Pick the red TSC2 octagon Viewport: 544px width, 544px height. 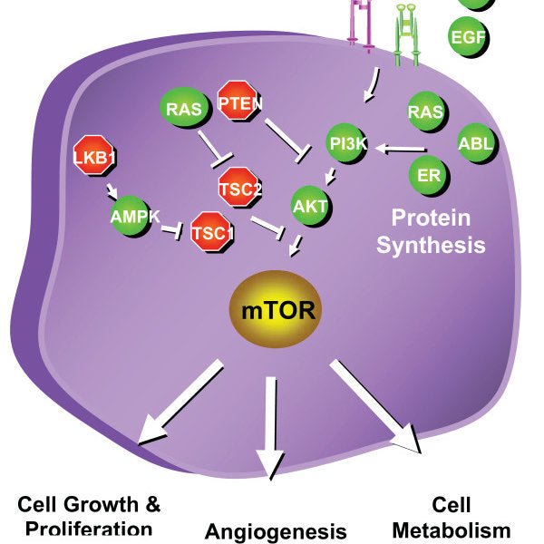[240, 188]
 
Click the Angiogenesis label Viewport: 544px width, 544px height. [276, 530]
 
